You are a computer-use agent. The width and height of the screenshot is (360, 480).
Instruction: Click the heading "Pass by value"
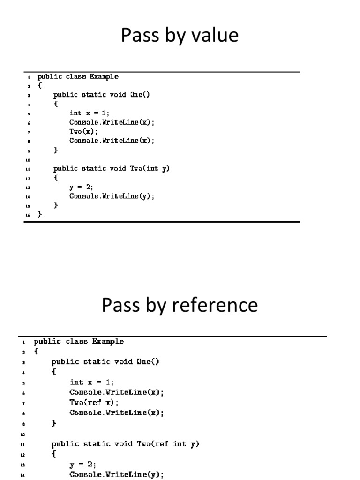(180, 36)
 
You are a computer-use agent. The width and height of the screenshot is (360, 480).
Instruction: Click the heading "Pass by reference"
(180, 305)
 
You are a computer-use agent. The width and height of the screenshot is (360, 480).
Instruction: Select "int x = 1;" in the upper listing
(89, 112)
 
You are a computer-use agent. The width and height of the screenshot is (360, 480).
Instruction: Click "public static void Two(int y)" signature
(112, 168)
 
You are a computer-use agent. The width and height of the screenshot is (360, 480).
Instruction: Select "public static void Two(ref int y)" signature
(125, 444)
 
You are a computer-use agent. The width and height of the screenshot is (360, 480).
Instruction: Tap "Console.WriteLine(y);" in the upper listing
(112, 196)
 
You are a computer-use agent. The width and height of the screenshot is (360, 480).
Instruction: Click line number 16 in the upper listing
(28, 215)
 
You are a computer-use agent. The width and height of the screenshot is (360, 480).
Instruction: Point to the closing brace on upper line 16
(40, 214)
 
